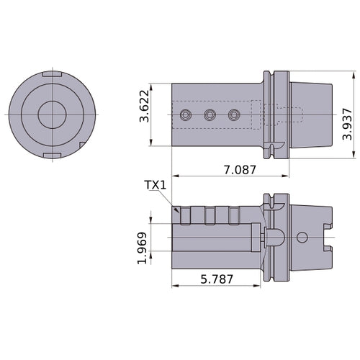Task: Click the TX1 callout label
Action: [x=156, y=185]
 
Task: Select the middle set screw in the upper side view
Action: [x=210, y=114]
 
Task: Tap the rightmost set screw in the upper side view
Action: [x=233, y=114]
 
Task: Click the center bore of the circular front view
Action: [x=51, y=114]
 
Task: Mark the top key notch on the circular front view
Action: [x=51, y=75]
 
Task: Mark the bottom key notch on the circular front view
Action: [x=51, y=155]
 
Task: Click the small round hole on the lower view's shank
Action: [x=302, y=237]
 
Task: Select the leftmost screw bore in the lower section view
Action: [x=186, y=215]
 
